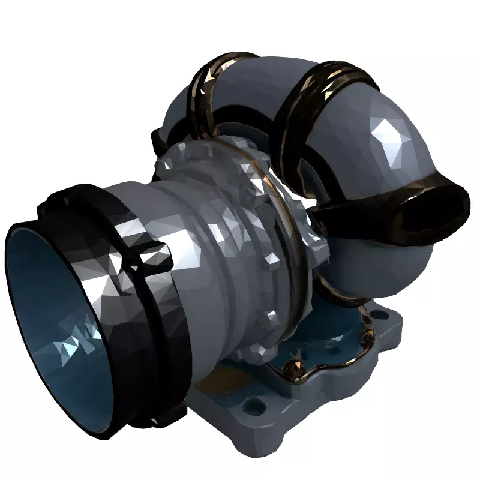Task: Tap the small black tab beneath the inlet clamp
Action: pyautogui.click(x=174, y=414)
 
